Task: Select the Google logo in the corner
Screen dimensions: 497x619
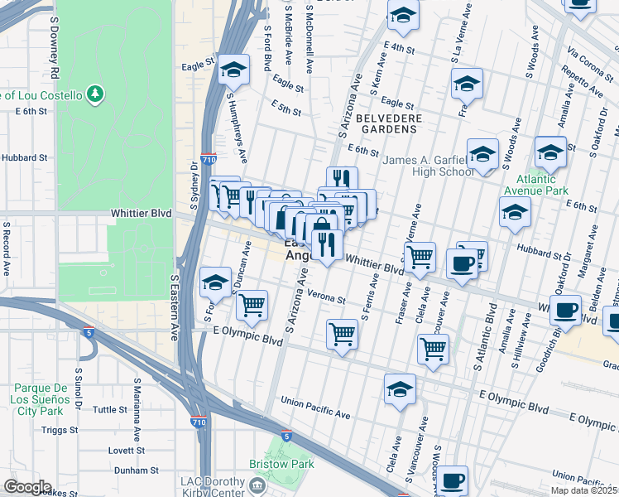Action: (x=26, y=487)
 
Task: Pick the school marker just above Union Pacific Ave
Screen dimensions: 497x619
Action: (x=400, y=388)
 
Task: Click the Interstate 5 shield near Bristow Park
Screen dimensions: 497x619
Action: (x=286, y=435)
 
